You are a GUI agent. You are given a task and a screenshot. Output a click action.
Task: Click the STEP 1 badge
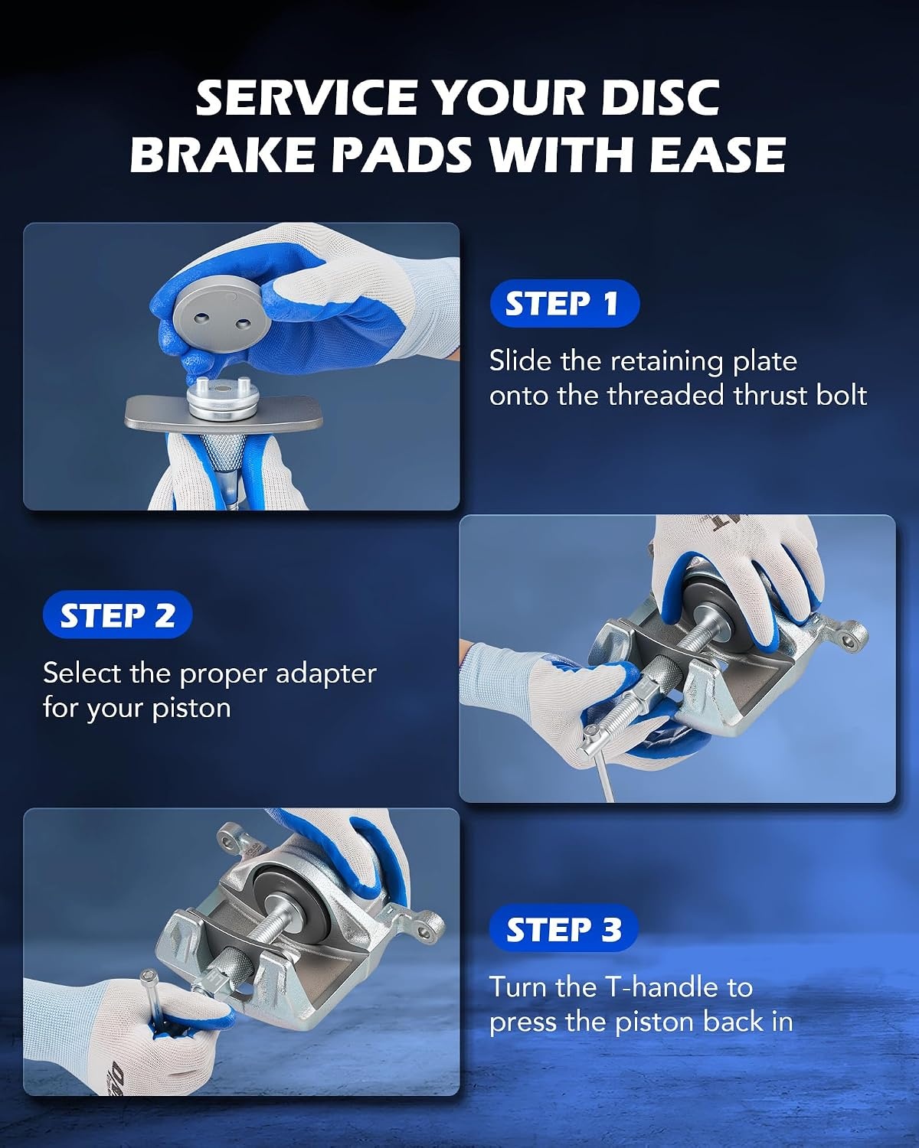point(564,303)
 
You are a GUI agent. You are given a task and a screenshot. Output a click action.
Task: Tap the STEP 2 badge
point(117,615)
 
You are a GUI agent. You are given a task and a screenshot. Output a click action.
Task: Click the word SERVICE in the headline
point(306,98)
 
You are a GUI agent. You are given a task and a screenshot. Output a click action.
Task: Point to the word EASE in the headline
point(717,154)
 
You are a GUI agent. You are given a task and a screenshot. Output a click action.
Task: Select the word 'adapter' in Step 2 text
point(325,674)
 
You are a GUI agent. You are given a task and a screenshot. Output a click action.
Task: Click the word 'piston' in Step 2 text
point(191,709)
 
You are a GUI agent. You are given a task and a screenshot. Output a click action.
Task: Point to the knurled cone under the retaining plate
point(223,452)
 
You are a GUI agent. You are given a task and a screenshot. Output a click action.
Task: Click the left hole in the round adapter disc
point(201,318)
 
